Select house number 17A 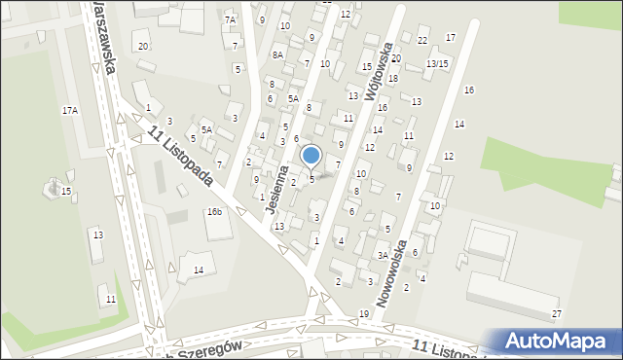point(70,111)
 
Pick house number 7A point(231,20)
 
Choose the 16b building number point(213,211)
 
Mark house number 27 point(557,313)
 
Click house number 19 point(363,313)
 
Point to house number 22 point(421,40)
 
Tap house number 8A point(277,55)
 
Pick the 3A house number point(384,256)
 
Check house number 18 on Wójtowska point(393,78)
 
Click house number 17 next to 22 point(450,37)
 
